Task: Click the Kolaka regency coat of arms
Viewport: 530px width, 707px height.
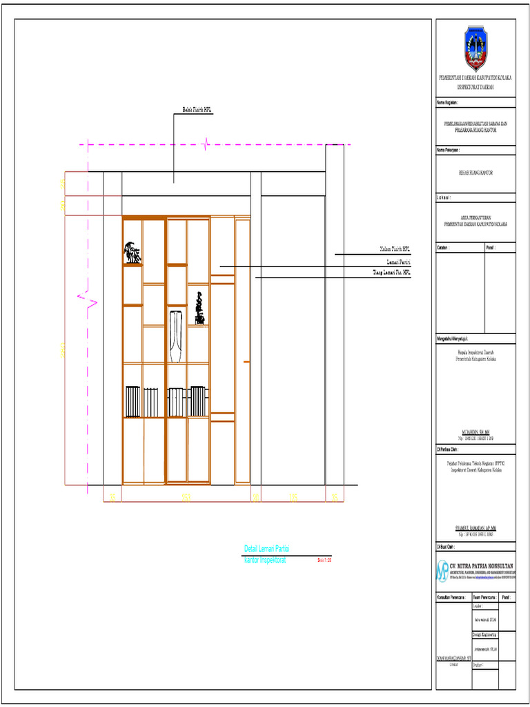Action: pos(475,48)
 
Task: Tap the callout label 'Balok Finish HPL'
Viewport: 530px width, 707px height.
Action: pos(197,109)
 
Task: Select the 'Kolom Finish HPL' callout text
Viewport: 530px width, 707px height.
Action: pos(394,249)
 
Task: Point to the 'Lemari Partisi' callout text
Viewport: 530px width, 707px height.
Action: pos(399,262)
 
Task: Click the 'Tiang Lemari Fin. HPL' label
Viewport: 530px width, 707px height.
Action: pos(391,273)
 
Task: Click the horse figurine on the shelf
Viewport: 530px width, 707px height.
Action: pos(132,253)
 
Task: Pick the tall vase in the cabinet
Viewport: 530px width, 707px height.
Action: pos(176,336)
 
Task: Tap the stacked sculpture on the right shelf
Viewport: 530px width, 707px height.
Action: pos(199,308)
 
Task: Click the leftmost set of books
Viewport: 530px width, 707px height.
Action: pos(132,402)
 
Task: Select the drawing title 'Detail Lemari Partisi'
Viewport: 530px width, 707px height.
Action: pos(266,549)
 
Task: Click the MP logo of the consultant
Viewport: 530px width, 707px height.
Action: pos(442,570)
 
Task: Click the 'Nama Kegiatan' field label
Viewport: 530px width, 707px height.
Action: pos(447,102)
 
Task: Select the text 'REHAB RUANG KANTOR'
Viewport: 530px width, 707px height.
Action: pos(475,173)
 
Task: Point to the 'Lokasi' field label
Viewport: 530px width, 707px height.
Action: pos(443,197)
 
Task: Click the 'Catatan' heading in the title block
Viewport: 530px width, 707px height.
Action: pos(443,247)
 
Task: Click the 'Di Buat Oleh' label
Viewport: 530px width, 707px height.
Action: pos(446,545)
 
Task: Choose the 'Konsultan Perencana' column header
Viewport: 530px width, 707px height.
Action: pos(452,596)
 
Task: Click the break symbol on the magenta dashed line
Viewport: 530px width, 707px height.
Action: pos(205,144)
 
